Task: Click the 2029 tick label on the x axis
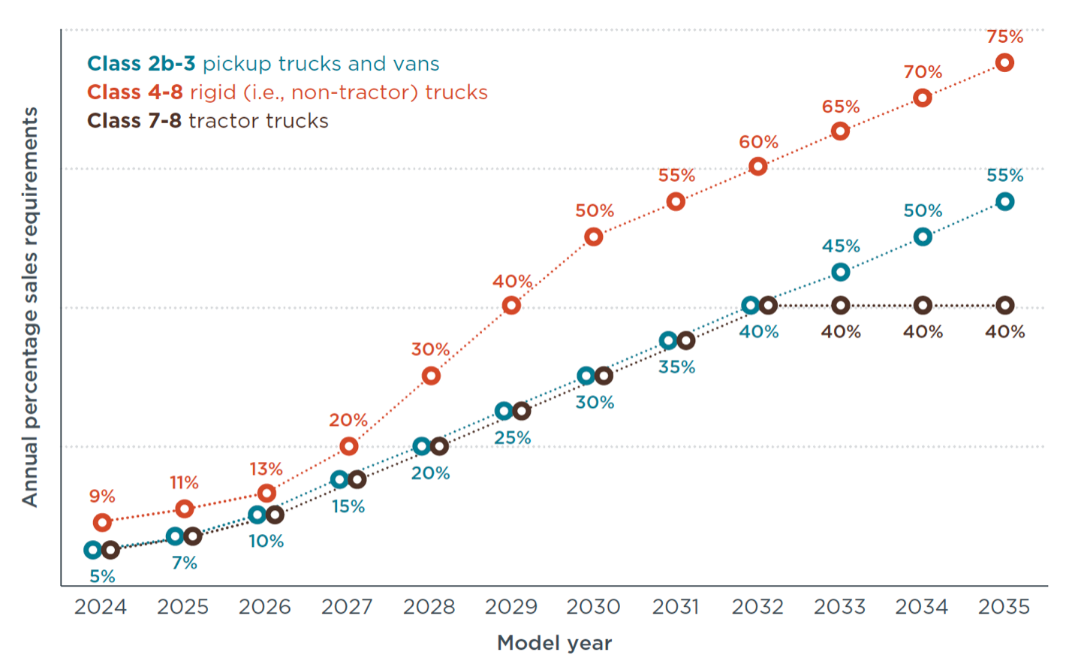tap(511, 607)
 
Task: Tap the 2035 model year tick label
tap(1004, 607)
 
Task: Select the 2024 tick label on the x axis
tap(101, 607)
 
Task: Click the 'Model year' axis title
tap(554, 643)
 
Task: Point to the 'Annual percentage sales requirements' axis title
tap(29, 306)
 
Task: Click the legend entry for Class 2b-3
tap(263, 64)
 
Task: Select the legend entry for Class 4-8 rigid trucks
tap(287, 92)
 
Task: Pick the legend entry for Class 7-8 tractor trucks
tap(207, 121)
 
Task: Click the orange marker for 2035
tap(1004, 63)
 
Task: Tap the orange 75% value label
tap(1004, 37)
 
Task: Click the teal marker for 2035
tap(1004, 201)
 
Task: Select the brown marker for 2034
tap(923, 306)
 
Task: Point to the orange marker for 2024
tap(102, 522)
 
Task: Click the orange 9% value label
tap(102, 497)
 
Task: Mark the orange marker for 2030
tap(593, 237)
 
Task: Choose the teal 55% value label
tap(1004, 176)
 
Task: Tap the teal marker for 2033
tap(841, 272)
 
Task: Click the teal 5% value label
tap(102, 577)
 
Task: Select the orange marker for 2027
tap(348, 446)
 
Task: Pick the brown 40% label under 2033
tap(841, 332)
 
